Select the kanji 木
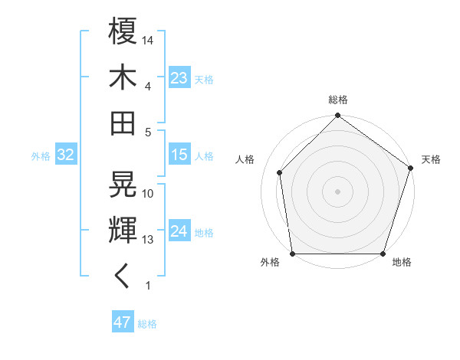[x=123, y=77]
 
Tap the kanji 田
[x=123, y=123]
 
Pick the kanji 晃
[x=123, y=185]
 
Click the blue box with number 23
[x=179, y=78]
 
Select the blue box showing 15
[x=179, y=155]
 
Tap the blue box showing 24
[x=179, y=232]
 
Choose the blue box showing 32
[x=65, y=155]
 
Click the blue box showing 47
[x=122, y=322]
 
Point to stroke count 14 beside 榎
[x=148, y=39]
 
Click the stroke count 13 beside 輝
[x=148, y=240]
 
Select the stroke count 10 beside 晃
[x=148, y=193]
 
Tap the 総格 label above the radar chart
[x=338, y=100]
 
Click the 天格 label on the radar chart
[x=431, y=159]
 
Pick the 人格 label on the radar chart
[x=245, y=159]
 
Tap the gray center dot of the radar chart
[x=338, y=191]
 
